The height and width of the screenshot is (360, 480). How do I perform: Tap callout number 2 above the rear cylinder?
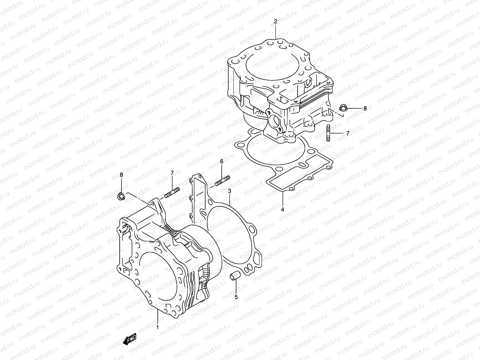(275, 21)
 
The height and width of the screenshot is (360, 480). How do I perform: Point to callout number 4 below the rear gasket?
(282, 209)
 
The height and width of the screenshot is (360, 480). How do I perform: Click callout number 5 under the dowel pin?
(236, 297)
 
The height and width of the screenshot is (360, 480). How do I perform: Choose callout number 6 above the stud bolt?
(222, 161)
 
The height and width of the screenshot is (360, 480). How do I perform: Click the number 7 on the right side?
(348, 133)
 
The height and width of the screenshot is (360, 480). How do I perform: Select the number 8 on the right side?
(365, 109)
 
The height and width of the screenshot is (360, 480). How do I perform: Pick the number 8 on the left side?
(121, 175)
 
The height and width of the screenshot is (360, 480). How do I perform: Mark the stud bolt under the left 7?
(172, 193)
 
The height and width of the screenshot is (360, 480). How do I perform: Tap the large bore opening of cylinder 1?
(156, 276)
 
